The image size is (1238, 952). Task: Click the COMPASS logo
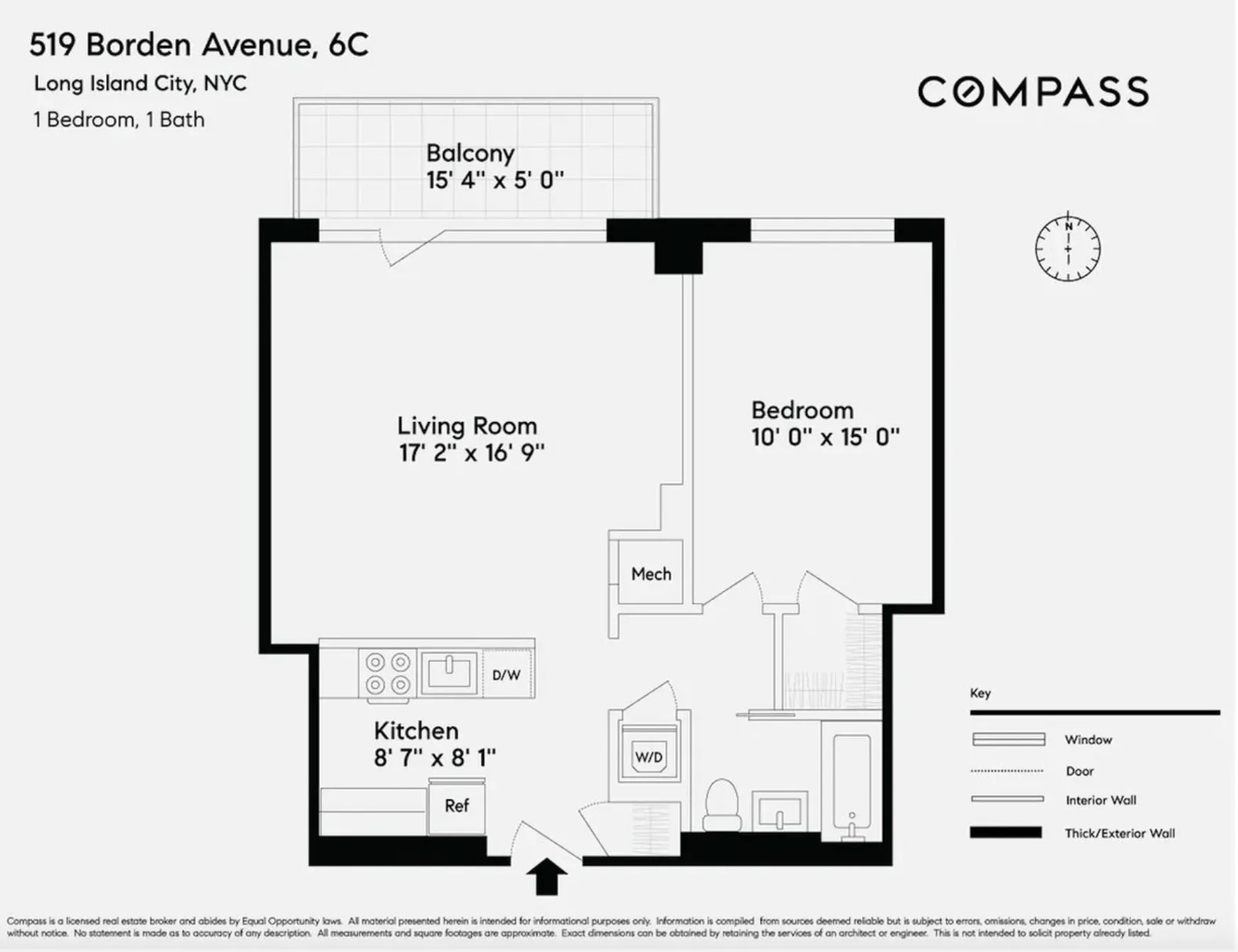[1032, 92]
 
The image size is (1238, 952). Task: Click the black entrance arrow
[546, 877]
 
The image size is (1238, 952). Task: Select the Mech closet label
[651, 574]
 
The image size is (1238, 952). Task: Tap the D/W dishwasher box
[506, 675]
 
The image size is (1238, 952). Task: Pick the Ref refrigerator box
[457, 806]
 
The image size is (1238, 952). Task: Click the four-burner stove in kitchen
[388, 673]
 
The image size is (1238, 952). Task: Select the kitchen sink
[449, 672]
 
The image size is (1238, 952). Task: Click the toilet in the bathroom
[722, 805]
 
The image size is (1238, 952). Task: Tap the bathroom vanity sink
[779, 811]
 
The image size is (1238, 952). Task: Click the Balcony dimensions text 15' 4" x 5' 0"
[494, 180]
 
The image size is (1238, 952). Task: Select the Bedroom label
[802, 411]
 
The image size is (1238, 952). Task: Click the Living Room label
[467, 426]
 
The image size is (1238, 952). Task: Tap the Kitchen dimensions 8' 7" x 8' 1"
[435, 758]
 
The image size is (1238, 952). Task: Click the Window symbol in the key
[1008, 739]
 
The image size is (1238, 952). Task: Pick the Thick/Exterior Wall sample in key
[1005, 833]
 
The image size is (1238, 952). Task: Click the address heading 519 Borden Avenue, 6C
[199, 45]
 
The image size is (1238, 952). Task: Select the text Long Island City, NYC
[140, 84]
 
